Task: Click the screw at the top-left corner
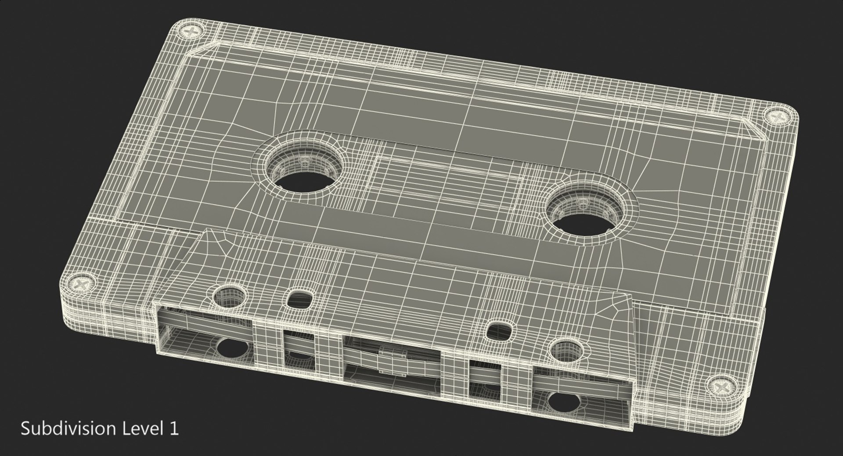click(192, 32)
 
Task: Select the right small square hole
click(499, 332)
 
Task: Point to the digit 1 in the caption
click(174, 429)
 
